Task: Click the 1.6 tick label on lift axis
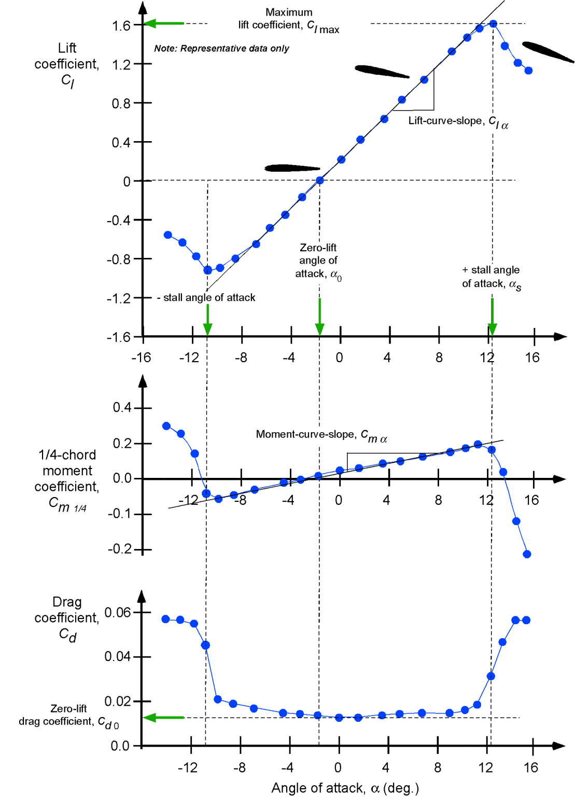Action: pos(121,26)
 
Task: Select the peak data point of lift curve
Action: pos(493,24)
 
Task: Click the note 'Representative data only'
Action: pos(221,48)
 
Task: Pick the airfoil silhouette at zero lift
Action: pos(292,168)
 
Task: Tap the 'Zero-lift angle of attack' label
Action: pos(318,261)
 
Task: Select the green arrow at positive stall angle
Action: pos(492,317)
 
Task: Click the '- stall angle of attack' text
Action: pos(206,298)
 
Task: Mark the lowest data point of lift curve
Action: pos(208,270)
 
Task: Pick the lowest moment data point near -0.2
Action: pos(527,554)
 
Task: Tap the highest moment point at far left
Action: pos(166,426)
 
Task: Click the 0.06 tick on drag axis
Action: pos(118,613)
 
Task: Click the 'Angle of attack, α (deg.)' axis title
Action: pos(345,788)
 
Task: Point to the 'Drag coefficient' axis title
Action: pos(67,618)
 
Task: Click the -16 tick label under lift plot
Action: pos(141,358)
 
